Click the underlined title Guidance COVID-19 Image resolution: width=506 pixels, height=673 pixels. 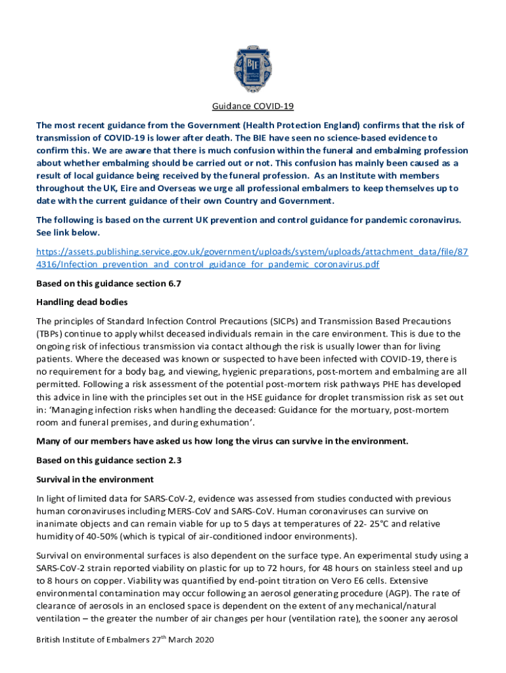[x=252, y=106]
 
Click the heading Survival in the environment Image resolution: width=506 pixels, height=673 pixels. [x=95, y=479]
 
